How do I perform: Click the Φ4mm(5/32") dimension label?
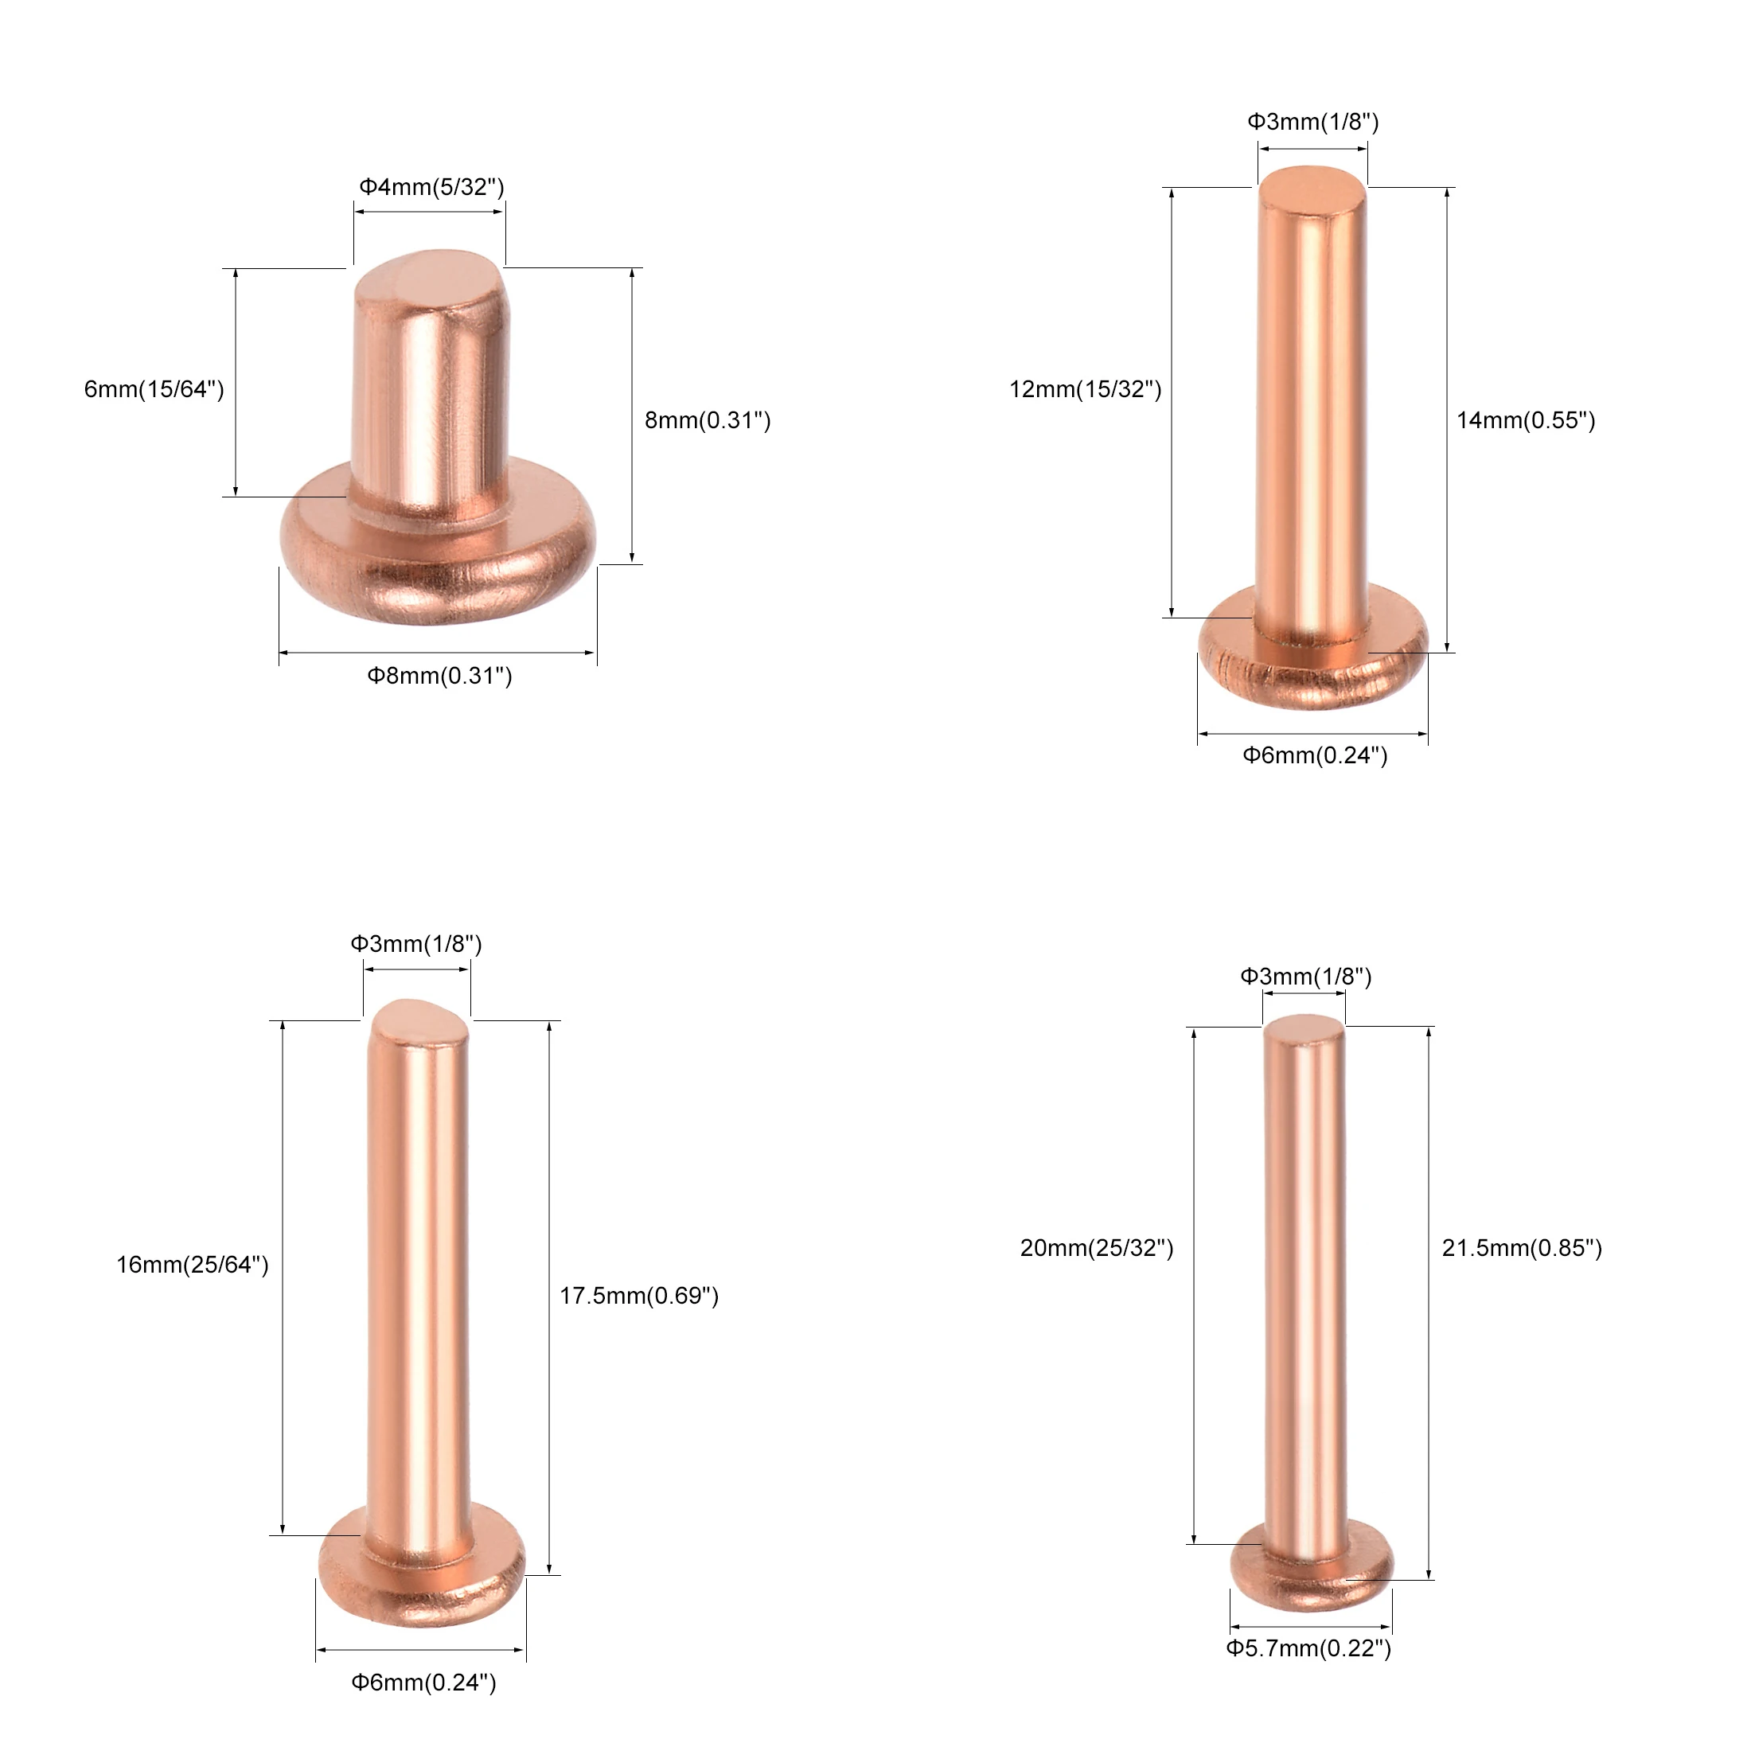tap(431, 187)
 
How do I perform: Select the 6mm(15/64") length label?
tap(154, 389)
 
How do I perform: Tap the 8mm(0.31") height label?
tap(708, 419)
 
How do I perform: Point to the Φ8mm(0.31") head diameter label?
tap(439, 675)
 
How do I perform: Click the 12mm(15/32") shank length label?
tap(1086, 389)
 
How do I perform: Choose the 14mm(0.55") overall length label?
tap(1527, 419)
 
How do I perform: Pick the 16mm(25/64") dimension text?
tap(192, 1265)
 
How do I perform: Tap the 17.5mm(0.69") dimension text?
tap(639, 1295)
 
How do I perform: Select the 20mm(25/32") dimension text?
tap(1097, 1248)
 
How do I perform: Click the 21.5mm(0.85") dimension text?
tap(1523, 1248)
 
